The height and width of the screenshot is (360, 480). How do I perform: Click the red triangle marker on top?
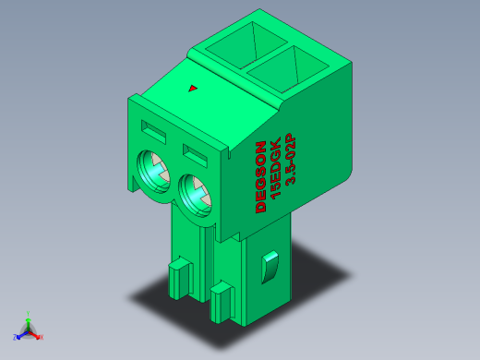tap(193, 89)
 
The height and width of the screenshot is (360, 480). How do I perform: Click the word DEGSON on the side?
tap(260, 176)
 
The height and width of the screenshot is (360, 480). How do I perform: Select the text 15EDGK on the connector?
tap(275, 168)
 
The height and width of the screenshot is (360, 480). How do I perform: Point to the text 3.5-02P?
tap(290, 159)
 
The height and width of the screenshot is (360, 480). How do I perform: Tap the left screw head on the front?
tap(153, 172)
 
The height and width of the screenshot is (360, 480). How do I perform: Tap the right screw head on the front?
tap(195, 196)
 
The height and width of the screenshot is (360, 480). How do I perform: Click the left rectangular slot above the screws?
tap(153, 132)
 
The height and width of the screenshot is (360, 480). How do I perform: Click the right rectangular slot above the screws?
tap(195, 156)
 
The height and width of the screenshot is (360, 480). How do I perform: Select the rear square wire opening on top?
tap(246, 45)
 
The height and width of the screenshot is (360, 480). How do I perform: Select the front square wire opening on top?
tap(288, 69)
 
